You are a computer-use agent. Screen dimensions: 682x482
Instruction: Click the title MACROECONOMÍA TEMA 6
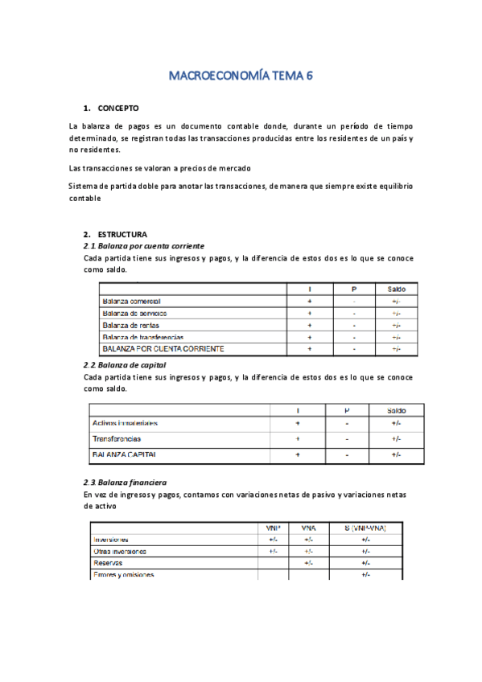coord(240,76)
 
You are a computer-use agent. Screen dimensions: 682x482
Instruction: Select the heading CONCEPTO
coord(118,108)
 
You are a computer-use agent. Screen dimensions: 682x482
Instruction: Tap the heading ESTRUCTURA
coord(122,234)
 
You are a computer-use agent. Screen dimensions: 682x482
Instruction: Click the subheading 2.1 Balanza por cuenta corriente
coord(144,245)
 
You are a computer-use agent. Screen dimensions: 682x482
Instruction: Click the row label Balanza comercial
coord(131,301)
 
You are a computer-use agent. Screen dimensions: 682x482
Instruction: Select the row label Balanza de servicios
coord(134,313)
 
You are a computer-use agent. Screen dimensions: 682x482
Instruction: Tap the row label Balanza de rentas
coord(130,325)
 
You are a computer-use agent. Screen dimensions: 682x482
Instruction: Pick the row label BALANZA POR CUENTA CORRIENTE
coord(163,349)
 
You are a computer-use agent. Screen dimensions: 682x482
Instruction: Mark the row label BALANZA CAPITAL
coord(125,454)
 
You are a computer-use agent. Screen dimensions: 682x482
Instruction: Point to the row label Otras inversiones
coord(120,551)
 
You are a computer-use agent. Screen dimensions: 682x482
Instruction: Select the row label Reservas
coord(108,563)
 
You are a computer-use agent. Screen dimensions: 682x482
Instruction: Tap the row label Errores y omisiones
coord(124,575)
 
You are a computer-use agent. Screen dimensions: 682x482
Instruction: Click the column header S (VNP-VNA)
coord(366,528)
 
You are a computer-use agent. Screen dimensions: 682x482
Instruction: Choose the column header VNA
coord(308,528)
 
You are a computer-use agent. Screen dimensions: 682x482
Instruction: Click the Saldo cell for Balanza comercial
coord(396,301)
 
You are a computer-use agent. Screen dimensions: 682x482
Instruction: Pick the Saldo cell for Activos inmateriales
coord(396,423)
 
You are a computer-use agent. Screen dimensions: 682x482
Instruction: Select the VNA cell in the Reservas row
coord(308,563)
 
